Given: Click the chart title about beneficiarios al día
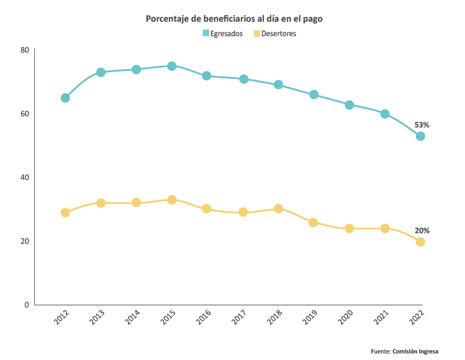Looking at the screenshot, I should (234, 19).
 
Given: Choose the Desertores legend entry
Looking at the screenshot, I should (275, 34).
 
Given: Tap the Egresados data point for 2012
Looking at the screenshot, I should (65, 98).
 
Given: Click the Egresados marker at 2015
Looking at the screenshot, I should (171, 66).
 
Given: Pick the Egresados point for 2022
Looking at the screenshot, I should (420, 136).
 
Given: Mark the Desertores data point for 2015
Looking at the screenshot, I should (171, 200).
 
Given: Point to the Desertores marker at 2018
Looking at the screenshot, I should (278, 209).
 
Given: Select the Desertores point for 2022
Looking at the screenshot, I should (420, 242).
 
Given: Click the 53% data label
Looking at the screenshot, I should (422, 124).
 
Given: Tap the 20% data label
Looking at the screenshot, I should (422, 231).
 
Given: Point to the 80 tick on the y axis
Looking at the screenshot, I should (24, 50).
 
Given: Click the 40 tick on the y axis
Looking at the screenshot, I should (24, 177).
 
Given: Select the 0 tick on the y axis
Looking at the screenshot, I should (26, 305).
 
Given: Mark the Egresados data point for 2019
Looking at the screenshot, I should (314, 95).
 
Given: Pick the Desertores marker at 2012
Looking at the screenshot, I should (65, 213).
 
